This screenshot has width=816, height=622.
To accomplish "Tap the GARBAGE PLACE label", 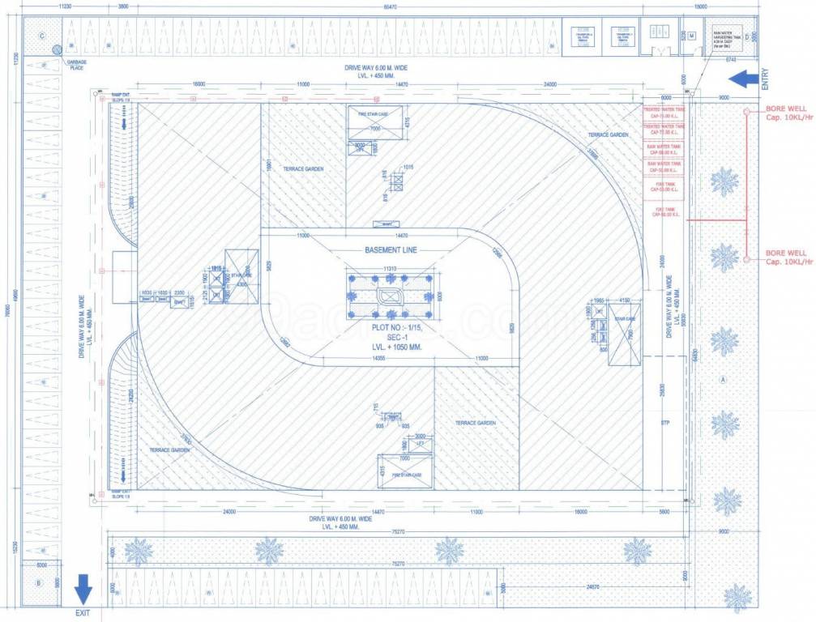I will coord(77,65).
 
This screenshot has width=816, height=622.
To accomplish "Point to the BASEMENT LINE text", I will coord(391,250).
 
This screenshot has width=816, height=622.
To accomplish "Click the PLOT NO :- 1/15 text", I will coord(391,327).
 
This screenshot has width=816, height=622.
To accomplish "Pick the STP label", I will coord(665,423).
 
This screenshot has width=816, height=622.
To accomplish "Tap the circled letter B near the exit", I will coord(37,582).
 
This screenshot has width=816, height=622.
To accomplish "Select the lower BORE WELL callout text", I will coord(785,258).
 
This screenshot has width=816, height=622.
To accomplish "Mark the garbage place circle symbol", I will coord(57,50).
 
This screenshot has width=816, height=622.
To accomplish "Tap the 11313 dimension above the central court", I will coord(391,268).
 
